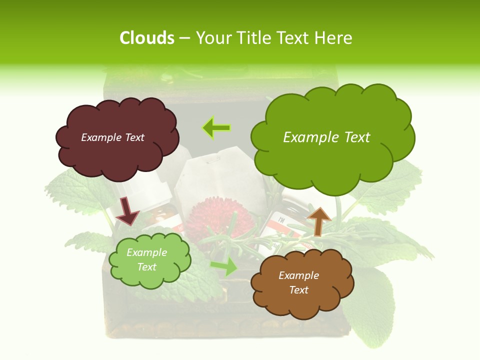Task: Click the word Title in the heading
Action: click(x=250, y=38)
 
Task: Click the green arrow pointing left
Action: click(x=216, y=128)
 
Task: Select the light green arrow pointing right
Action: click(x=224, y=266)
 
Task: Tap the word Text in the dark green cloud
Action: click(x=354, y=137)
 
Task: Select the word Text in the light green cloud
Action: click(x=147, y=267)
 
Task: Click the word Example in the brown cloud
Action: click(x=298, y=275)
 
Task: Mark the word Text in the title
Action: click(x=291, y=38)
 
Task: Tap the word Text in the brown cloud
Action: click(x=298, y=290)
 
